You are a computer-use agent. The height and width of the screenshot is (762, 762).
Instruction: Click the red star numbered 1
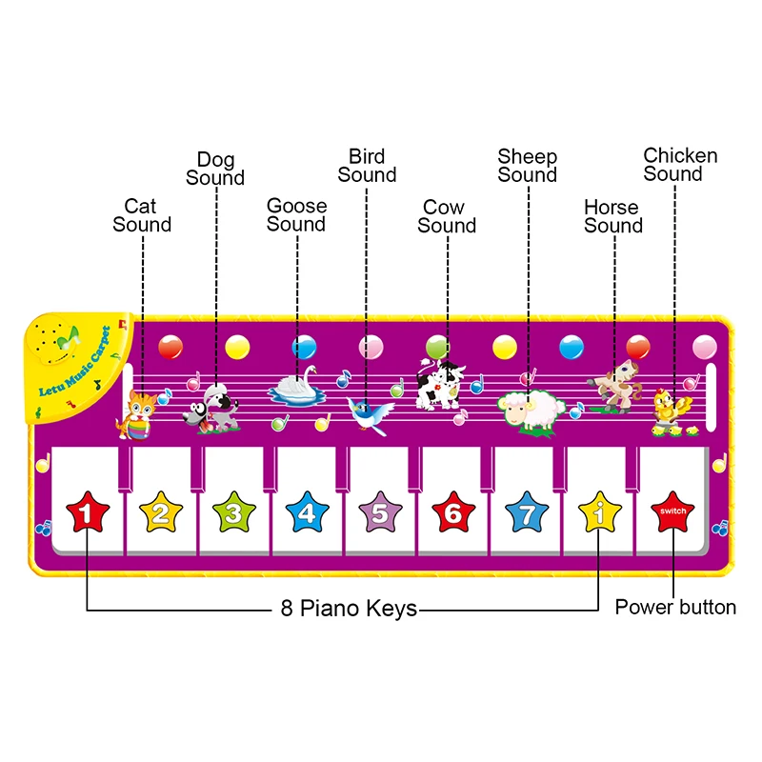click(x=87, y=514)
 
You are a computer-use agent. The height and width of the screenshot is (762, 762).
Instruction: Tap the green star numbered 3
click(x=233, y=514)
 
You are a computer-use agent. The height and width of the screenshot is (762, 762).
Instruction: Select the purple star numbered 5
click(x=380, y=514)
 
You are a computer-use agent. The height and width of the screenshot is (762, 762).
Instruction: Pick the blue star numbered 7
click(x=526, y=514)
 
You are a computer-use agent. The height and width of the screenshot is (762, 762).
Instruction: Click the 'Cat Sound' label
click(x=142, y=215)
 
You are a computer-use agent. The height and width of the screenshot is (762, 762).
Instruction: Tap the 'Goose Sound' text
click(x=296, y=215)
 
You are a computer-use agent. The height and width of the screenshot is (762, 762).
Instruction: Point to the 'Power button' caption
click(x=675, y=608)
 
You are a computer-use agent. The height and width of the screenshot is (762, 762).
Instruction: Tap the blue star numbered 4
click(x=306, y=514)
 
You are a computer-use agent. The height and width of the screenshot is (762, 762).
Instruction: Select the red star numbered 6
click(x=452, y=514)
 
